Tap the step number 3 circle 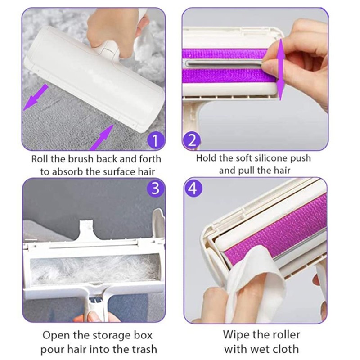[155, 189]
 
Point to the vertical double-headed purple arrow [280, 70]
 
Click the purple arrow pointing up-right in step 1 [99, 138]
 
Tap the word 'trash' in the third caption [143, 349]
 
